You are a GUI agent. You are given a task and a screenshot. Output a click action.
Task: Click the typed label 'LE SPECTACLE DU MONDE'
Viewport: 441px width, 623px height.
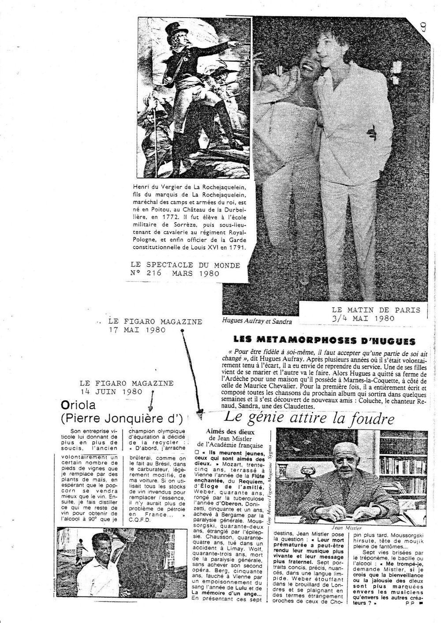[x=185, y=265]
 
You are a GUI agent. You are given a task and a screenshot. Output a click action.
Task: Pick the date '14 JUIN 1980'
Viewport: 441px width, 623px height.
[x=112, y=391]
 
